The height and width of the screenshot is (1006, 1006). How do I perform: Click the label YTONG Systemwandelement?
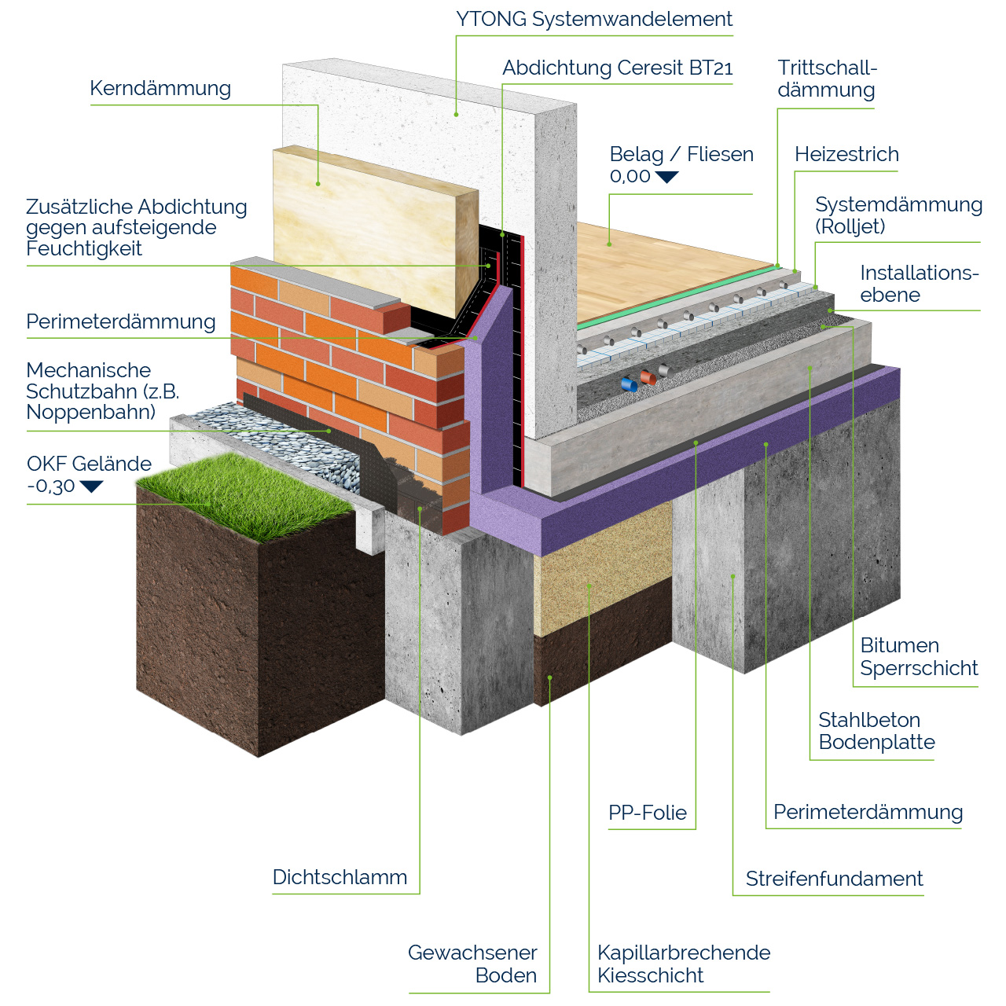[x=594, y=20]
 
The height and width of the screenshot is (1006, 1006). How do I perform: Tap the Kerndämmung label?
[x=160, y=89]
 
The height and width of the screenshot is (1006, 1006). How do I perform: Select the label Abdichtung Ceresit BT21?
[x=617, y=68]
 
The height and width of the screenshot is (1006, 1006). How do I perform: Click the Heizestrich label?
[x=846, y=155]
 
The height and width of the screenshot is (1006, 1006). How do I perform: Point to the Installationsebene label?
[x=919, y=284]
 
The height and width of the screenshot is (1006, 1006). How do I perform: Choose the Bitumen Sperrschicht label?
[x=919, y=657]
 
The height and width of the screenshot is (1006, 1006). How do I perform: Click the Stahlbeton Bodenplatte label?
[x=876, y=731]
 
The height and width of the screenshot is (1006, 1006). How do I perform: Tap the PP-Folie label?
[x=648, y=813]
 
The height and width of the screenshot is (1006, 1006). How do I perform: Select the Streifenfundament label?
[x=834, y=879]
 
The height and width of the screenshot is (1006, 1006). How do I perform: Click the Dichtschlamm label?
[x=340, y=877]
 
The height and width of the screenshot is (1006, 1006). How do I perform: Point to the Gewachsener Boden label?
[x=472, y=964]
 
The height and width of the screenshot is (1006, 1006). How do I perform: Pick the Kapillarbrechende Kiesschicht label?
[x=683, y=964]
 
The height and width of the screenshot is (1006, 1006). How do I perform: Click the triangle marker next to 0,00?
[x=666, y=178]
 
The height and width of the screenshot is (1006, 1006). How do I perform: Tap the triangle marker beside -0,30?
[x=91, y=486]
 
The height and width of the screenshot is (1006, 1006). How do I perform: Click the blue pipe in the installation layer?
[x=629, y=384]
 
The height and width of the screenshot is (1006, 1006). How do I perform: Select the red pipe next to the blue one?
[x=648, y=377]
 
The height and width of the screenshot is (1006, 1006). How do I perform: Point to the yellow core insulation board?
[x=369, y=228]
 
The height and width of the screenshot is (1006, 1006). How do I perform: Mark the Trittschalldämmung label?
[x=826, y=79]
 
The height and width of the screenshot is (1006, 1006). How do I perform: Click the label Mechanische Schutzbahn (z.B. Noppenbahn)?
[x=103, y=391]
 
